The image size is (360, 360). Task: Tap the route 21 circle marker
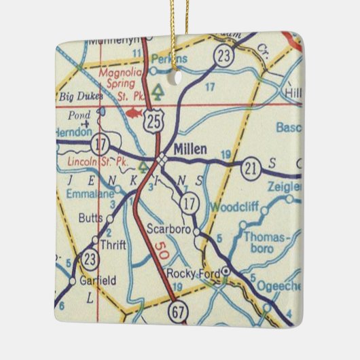tap(252, 168)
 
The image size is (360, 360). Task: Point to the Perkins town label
tap(169, 59)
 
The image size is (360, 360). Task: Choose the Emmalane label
tap(92, 194)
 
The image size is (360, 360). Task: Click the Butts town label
tap(91, 219)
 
